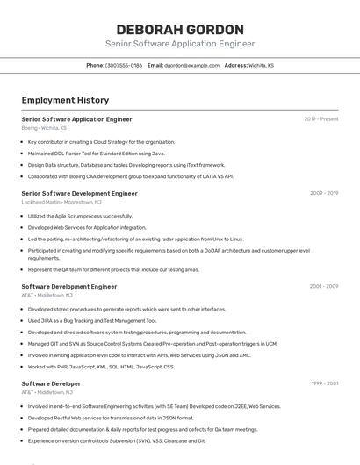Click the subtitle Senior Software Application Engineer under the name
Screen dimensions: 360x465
coord(180,44)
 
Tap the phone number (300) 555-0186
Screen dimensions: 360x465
coord(124,65)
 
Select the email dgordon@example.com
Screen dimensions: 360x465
coord(192,65)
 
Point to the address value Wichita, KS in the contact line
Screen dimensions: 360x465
coord(262,65)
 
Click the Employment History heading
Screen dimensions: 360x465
coord(65,100)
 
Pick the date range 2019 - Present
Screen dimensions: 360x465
coord(320,119)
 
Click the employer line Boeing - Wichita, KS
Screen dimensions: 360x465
coord(44,128)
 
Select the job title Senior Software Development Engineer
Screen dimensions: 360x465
coord(79,193)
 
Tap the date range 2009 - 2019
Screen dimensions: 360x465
coord(323,193)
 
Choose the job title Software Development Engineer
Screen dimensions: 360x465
coord(68,286)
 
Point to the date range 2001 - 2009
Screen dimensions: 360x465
coord(323,286)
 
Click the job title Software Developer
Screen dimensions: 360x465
coord(51,384)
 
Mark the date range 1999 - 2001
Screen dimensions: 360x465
coord(324,384)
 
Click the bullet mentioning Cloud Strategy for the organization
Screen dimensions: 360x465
coord(101,141)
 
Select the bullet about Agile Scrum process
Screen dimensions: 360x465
coord(80,216)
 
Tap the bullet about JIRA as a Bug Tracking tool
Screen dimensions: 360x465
coord(92,320)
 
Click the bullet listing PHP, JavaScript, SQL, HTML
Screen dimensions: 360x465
coord(101,367)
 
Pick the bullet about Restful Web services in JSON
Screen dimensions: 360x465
coord(111,418)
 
